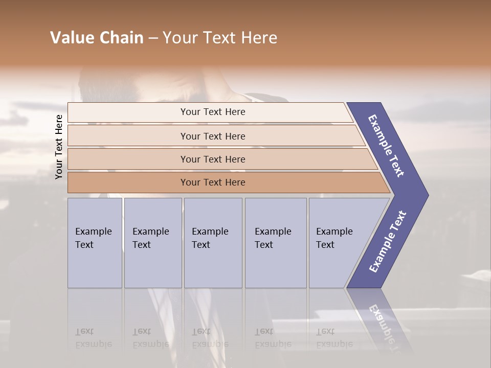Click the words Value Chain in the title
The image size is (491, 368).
pyautogui.click(x=97, y=38)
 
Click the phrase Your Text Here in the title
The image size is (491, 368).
pyautogui.click(x=220, y=38)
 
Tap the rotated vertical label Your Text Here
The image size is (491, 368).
pyautogui.click(x=59, y=147)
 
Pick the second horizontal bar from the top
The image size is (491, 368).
pyautogui.click(x=213, y=136)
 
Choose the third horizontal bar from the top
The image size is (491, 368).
pyautogui.click(x=213, y=159)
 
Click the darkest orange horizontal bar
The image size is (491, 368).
pyautogui.click(x=213, y=182)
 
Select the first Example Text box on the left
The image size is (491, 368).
pyautogui.click(x=95, y=243)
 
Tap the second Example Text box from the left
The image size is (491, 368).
pyautogui.click(x=152, y=243)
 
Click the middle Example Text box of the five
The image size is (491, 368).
pyautogui.click(x=213, y=243)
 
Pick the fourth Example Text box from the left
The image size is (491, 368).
pyautogui.click(x=275, y=243)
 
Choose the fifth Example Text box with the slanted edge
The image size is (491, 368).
pyautogui.click(x=338, y=243)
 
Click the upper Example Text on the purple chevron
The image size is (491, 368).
pyautogui.click(x=387, y=146)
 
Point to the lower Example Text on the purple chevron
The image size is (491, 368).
pyautogui.click(x=387, y=242)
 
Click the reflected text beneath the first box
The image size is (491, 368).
pyautogui.click(x=93, y=338)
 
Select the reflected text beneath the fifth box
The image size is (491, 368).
pyautogui.click(x=334, y=338)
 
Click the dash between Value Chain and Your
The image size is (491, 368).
pyautogui.click(x=153, y=38)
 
